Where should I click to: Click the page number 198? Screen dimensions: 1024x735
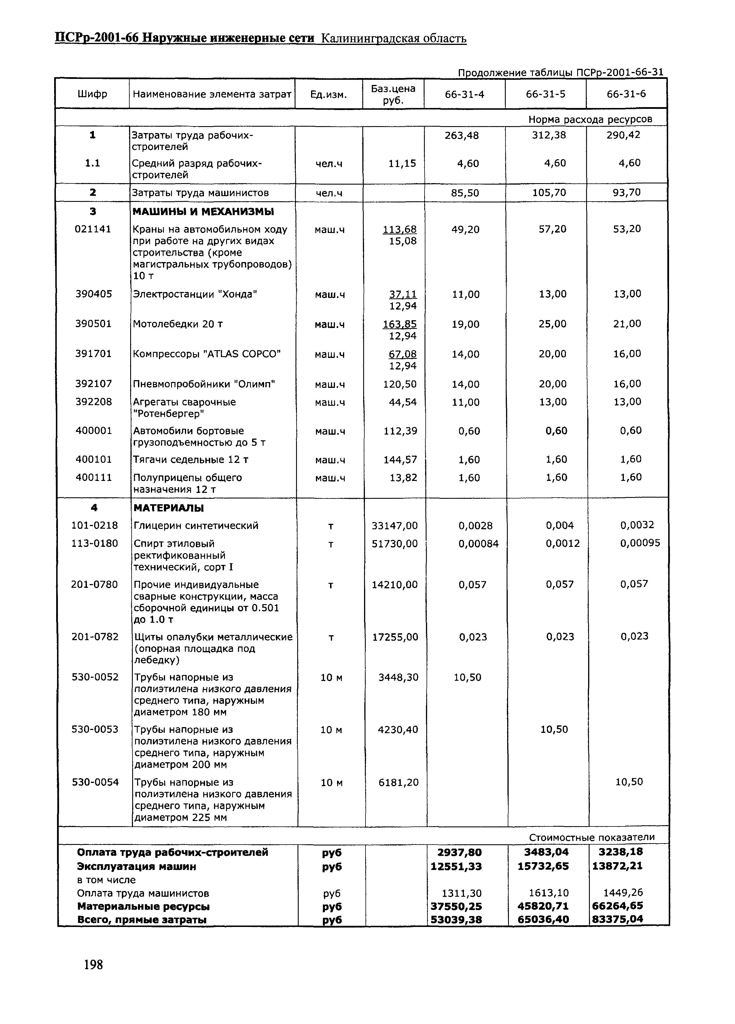click(x=93, y=965)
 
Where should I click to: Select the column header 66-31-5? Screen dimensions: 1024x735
click(x=545, y=94)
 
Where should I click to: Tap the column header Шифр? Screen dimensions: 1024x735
click(x=92, y=94)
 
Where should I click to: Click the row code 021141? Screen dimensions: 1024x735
click(x=92, y=229)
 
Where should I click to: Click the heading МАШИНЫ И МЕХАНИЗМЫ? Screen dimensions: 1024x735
click(x=203, y=212)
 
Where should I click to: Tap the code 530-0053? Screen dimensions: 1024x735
click(x=95, y=729)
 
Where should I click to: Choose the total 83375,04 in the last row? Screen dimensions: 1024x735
click(x=617, y=919)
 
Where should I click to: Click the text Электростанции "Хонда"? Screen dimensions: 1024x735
click(x=195, y=294)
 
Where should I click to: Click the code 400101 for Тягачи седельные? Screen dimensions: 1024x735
click(x=93, y=459)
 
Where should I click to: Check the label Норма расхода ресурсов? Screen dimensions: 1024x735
click(x=590, y=119)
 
